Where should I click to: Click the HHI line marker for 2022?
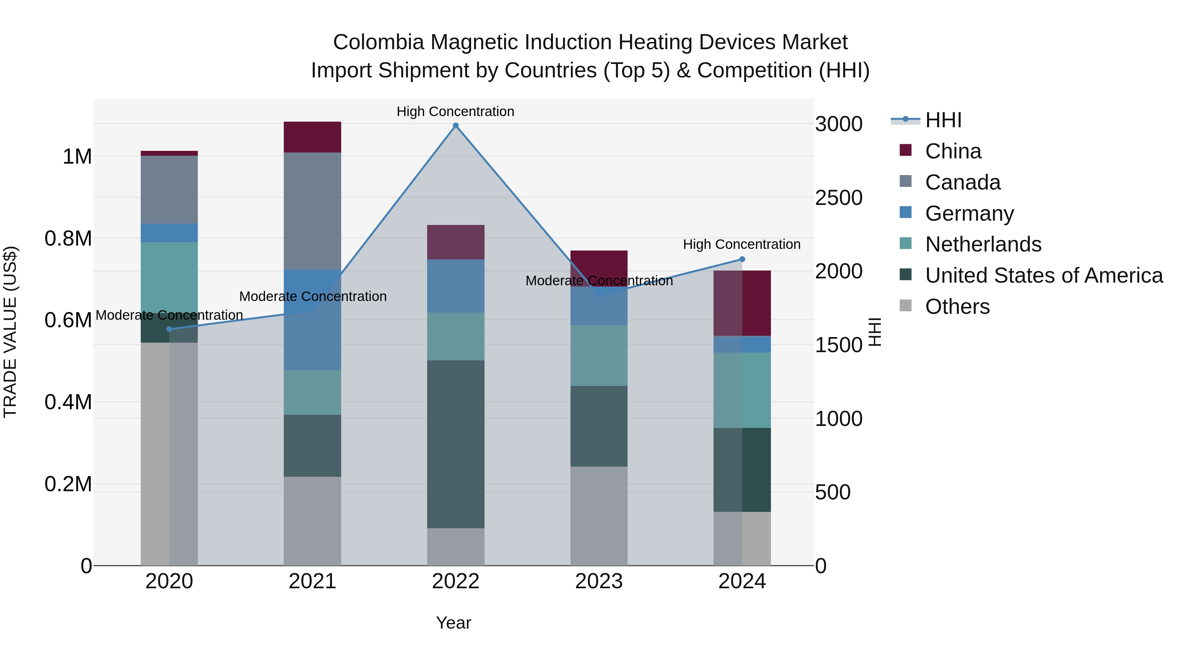pyautogui.click(x=455, y=126)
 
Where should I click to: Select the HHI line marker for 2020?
pyautogui.click(x=169, y=329)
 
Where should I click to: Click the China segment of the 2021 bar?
pyautogui.click(x=312, y=137)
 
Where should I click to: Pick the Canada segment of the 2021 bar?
pyautogui.click(x=312, y=211)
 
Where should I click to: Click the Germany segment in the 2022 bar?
pyautogui.click(x=455, y=286)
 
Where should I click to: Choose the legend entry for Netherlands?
pyautogui.click(x=983, y=244)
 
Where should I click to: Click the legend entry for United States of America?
pyautogui.click(x=1044, y=275)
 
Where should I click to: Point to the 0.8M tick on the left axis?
pyautogui.click(x=68, y=239)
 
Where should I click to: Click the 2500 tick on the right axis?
pyautogui.click(x=839, y=198)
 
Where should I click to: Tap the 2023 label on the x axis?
pyautogui.click(x=599, y=581)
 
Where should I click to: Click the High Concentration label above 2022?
pyautogui.click(x=455, y=111)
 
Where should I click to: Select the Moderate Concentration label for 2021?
pyautogui.click(x=313, y=296)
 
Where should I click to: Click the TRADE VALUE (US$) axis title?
pyautogui.click(x=10, y=332)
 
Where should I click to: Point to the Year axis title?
pyautogui.click(x=453, y=623)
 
